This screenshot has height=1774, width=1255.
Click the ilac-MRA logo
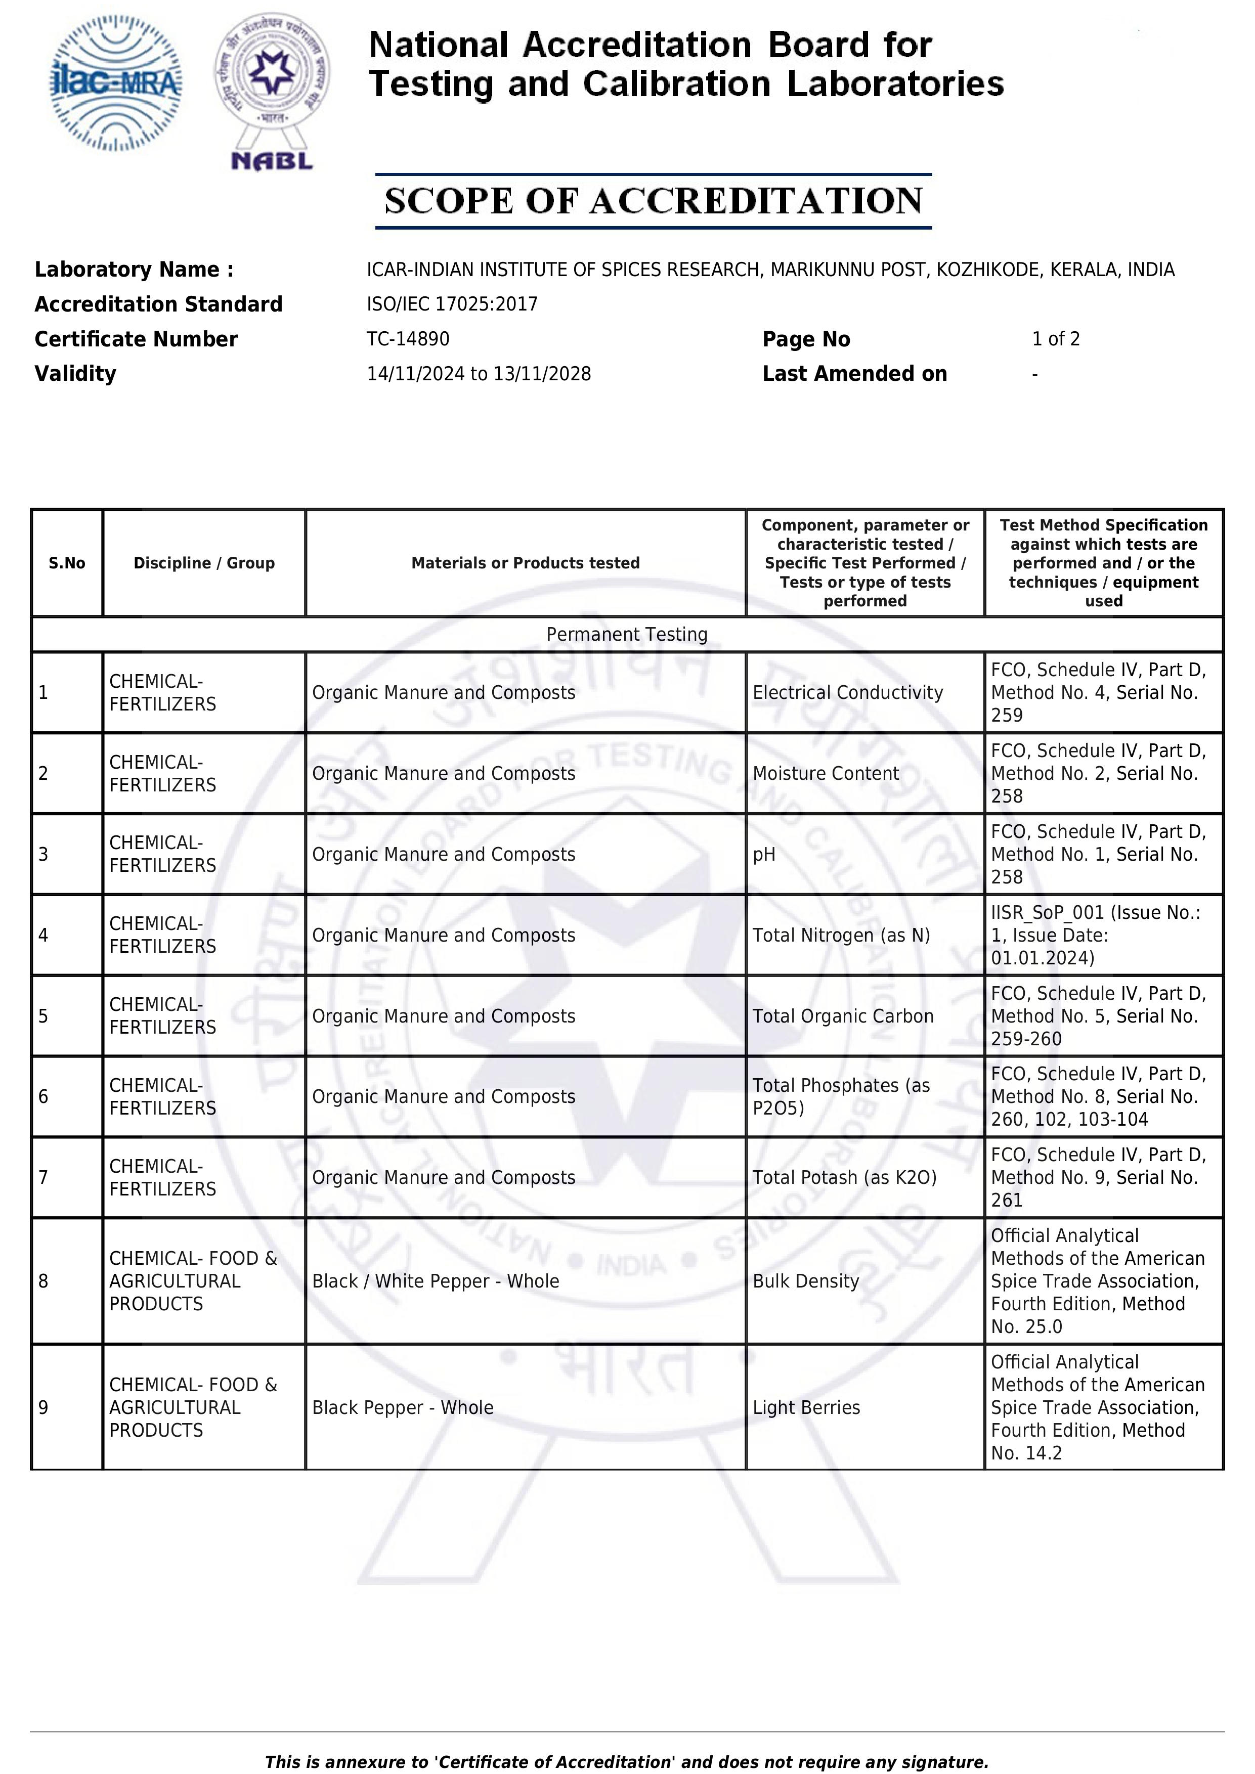(116, 82)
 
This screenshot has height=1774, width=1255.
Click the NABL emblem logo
(272, 91)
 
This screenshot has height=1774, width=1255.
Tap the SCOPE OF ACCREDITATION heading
(653, 201)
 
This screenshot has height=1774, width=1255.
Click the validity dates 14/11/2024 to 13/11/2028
(479, 373)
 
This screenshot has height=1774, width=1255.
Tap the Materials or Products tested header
(526, 562)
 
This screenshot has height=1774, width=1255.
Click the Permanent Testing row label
(627, 634)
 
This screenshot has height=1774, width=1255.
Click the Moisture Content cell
(826, 773)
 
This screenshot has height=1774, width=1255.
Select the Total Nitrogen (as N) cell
(841, 935)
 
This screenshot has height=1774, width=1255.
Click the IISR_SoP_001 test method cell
(1095, 935)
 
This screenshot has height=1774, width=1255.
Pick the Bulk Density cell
(805, 1281)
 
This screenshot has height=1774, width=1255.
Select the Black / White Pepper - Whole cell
(435, 1281)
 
